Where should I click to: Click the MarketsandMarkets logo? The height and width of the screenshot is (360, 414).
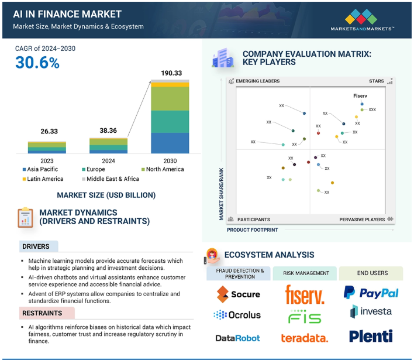tap(362, 20)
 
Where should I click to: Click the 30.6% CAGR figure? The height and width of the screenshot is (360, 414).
tap(37, 63)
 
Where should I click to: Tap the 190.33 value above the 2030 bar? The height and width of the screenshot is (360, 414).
tap(171, 73)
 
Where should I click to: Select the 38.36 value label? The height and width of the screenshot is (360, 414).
tap(108, 131)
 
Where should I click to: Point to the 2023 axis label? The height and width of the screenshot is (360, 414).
tap(47, 161)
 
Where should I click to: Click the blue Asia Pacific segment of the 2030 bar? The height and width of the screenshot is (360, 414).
tap(170, 143)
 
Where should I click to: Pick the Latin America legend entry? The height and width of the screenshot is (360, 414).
tap(43, 179)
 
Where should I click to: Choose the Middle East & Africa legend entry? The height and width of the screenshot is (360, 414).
tap(111, 179)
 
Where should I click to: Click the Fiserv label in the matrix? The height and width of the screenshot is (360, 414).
tap(360, 95)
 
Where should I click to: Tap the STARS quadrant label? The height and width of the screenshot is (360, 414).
tap(376, 81)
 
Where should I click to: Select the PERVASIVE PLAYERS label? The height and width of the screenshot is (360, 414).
tap(362, 220)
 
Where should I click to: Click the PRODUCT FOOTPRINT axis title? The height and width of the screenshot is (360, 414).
tap(252, 230)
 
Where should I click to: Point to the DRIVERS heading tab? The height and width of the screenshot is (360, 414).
tap(39, 246)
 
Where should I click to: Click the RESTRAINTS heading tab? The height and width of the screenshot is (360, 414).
tap(47, 313)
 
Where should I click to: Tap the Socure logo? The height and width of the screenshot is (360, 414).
tap(238, 294)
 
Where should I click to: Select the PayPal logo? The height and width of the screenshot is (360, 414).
tap(371, 293)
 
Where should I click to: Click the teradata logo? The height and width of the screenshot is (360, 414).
tap(305, 338)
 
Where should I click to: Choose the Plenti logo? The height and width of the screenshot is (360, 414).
tap(371, 336)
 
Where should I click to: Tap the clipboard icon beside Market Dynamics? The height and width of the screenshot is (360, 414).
tap(25, 218)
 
